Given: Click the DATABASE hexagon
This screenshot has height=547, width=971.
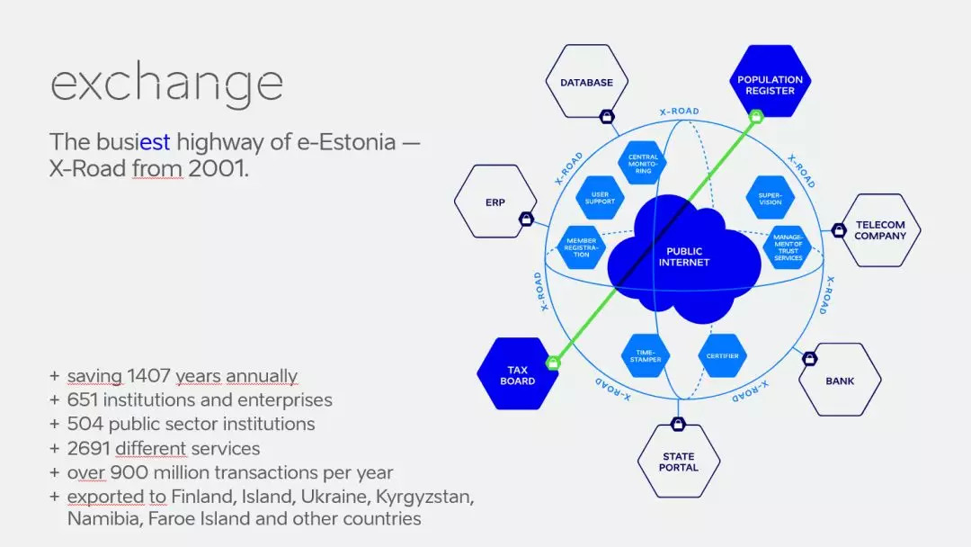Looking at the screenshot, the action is tap(586, 82).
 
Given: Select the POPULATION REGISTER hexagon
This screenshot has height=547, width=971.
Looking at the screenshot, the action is tap(770, 81).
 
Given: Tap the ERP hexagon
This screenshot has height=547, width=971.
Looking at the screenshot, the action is tap(495, 202).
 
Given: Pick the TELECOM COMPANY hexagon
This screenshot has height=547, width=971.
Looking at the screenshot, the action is tap(880, 230).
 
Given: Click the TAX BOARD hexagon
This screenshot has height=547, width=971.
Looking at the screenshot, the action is tap(518, 373).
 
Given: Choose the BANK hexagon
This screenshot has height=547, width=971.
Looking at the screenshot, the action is tap(840, 380).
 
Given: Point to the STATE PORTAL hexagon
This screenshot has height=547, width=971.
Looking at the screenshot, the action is tap(679, 461).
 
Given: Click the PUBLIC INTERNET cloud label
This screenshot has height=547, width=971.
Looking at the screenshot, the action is tap(684, 256).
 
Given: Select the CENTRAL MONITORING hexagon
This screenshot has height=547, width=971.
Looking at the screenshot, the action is tap(643, 164).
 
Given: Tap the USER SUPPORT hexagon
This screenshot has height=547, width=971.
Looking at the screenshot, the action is tap(600, 198).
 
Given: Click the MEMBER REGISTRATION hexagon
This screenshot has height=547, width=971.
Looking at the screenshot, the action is tap(582, 247).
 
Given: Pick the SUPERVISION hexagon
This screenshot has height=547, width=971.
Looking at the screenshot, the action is tap(771, 198).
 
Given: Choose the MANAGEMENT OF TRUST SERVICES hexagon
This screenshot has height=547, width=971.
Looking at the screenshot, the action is tap(788, 247).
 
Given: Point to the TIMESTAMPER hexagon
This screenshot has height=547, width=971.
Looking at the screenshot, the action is tap(646, 355).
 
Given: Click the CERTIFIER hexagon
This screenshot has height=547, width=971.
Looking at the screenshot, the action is tap(722, 355).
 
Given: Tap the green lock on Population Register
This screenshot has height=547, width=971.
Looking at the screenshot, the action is tap(755, 116).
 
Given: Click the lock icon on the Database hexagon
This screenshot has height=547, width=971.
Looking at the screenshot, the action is tap(607, 116).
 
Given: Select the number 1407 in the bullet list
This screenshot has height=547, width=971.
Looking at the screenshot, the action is tap(148, 375).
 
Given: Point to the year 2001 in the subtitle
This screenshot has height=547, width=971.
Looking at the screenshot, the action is tap(218, 168).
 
